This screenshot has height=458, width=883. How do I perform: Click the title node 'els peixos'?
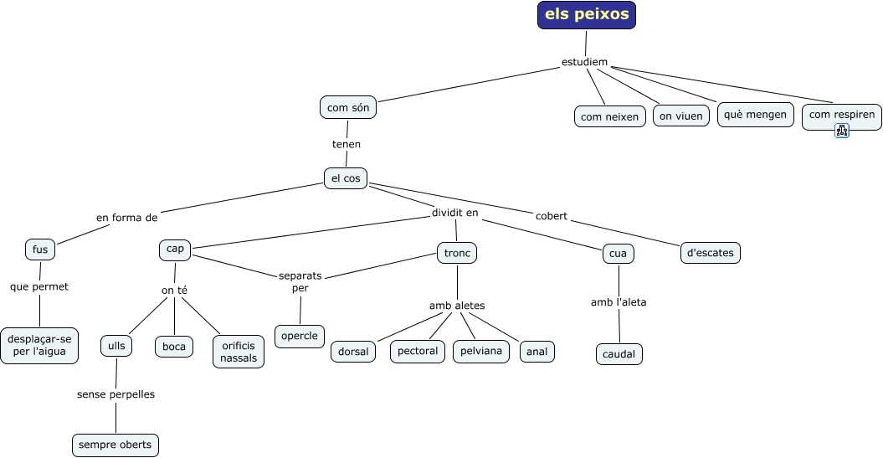(x=587, y=15)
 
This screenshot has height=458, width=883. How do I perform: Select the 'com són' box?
(x=348, y=107)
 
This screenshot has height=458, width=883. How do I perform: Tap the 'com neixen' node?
(x=609, y=116)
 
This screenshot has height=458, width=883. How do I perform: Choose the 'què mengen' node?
(x=755, y=115)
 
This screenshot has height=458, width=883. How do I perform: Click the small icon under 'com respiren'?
(x=842, y=131)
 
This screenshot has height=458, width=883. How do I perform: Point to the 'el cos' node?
(x=345, y=178)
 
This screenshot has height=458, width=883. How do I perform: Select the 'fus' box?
(x=40, y=250)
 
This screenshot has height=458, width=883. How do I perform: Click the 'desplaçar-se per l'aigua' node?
(x=39, y=345)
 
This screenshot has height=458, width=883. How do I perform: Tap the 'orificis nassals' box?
(x=239, y=352)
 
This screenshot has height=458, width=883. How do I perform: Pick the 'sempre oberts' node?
(x=116, y=445)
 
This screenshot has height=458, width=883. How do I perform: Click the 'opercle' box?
(x=299, y=336)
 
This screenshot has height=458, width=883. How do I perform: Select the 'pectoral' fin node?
(x=417, y=351)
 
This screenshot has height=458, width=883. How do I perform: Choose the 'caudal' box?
(x=619, y=354)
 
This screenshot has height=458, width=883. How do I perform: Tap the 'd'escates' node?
(x=711, y=252)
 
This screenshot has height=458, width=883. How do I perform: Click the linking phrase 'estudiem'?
(x=584, y=62)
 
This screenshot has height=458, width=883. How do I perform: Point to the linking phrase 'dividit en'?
(x=455, y=213)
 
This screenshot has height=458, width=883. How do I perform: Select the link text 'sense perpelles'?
(x=116, y=394)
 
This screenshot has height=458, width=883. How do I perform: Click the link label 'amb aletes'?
(x=457, y=306)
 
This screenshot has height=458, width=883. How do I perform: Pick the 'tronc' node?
(x=457, y=252)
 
